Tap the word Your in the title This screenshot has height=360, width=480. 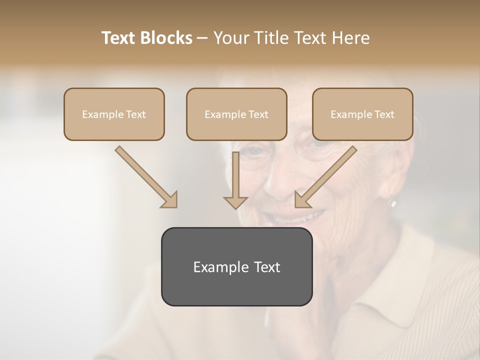click(230, 38)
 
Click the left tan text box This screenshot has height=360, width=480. click(114, 114)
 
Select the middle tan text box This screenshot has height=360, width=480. click(236, 114)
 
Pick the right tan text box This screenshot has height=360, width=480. click(362, 114)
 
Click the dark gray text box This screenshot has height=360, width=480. click(236, 266)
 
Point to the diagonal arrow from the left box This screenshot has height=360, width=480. click(145, 176)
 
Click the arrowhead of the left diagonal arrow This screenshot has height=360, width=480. click(170, 200)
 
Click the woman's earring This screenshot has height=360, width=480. click(393, 203)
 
